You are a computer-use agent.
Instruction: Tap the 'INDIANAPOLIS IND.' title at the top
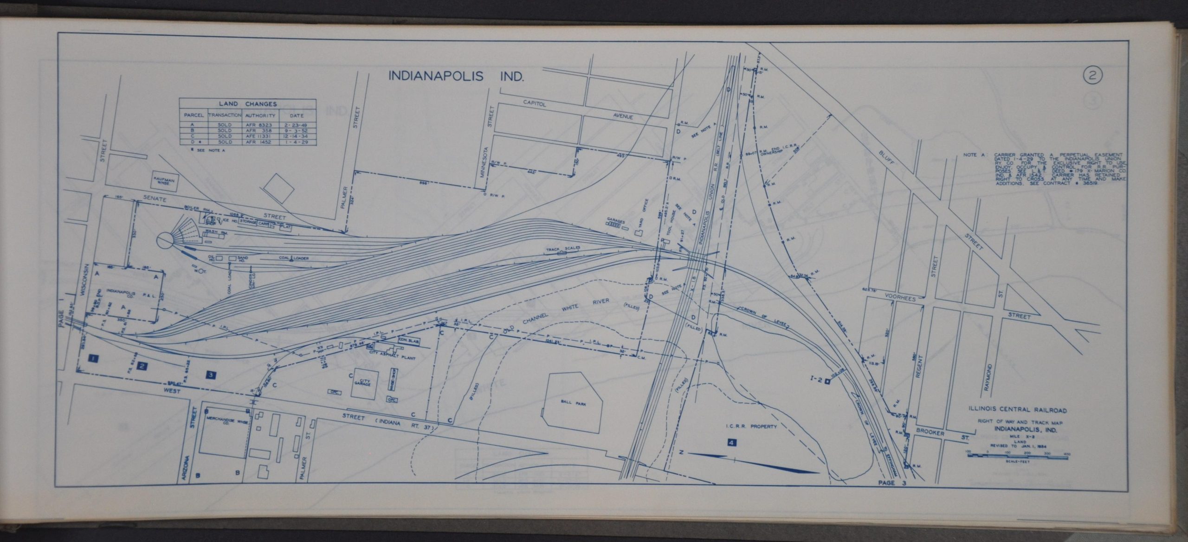pyautogui.click(x=456, y=77)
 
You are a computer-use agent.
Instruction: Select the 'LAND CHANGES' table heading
pyautogui.click(x=247, y=104)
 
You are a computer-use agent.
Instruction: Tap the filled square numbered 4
pyautogui.click(x=732, y=443)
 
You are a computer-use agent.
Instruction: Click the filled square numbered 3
pyautogui.click(x=211, y=374)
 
